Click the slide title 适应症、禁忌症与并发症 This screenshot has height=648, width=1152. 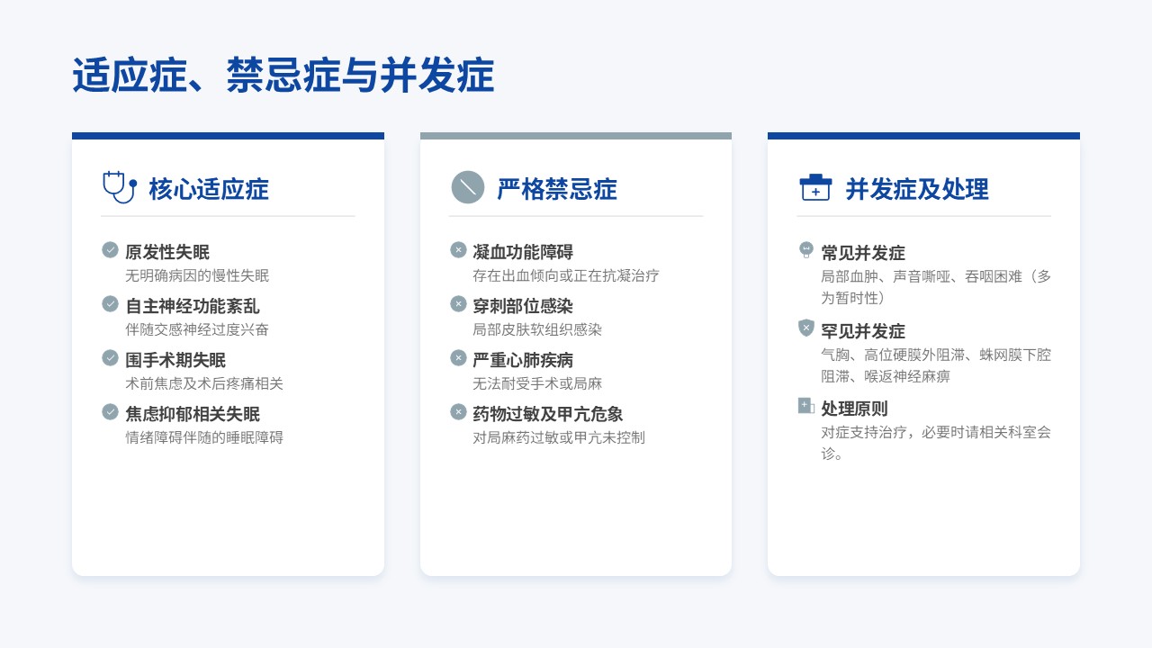tap(283, 76)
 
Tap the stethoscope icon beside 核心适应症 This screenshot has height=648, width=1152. tap(120, 187)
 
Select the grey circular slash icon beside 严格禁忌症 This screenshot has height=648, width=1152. tap(467, 187)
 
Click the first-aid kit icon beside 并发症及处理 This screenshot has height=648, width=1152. tap(815, 187)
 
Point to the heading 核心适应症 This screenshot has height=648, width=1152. tap(209, 189)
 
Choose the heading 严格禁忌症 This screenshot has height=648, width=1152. tap(557, 189)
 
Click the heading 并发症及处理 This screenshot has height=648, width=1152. tap(917, 189)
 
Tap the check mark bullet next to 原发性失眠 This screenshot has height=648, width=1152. tap(110, 250)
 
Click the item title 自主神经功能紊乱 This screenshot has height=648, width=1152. tap(193, 306)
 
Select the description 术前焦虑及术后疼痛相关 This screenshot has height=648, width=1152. tap(204, 383)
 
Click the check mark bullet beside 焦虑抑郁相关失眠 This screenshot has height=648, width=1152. tap(110, 412)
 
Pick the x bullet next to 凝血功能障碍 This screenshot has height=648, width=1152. tap(458, 250)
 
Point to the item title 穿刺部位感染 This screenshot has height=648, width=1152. tap(523, 306)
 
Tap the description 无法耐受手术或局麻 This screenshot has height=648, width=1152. tap(537, 383)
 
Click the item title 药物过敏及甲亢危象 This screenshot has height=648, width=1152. tap(548, 414)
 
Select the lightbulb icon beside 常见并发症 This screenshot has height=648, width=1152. tap(806, 250)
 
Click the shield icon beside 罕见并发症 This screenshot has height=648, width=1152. tap(806, 328)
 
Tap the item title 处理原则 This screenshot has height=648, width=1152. tap(854, 409)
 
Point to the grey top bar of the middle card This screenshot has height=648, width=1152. tap(576, 136)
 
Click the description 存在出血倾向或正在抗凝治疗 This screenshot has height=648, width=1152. tap(566, 275)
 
